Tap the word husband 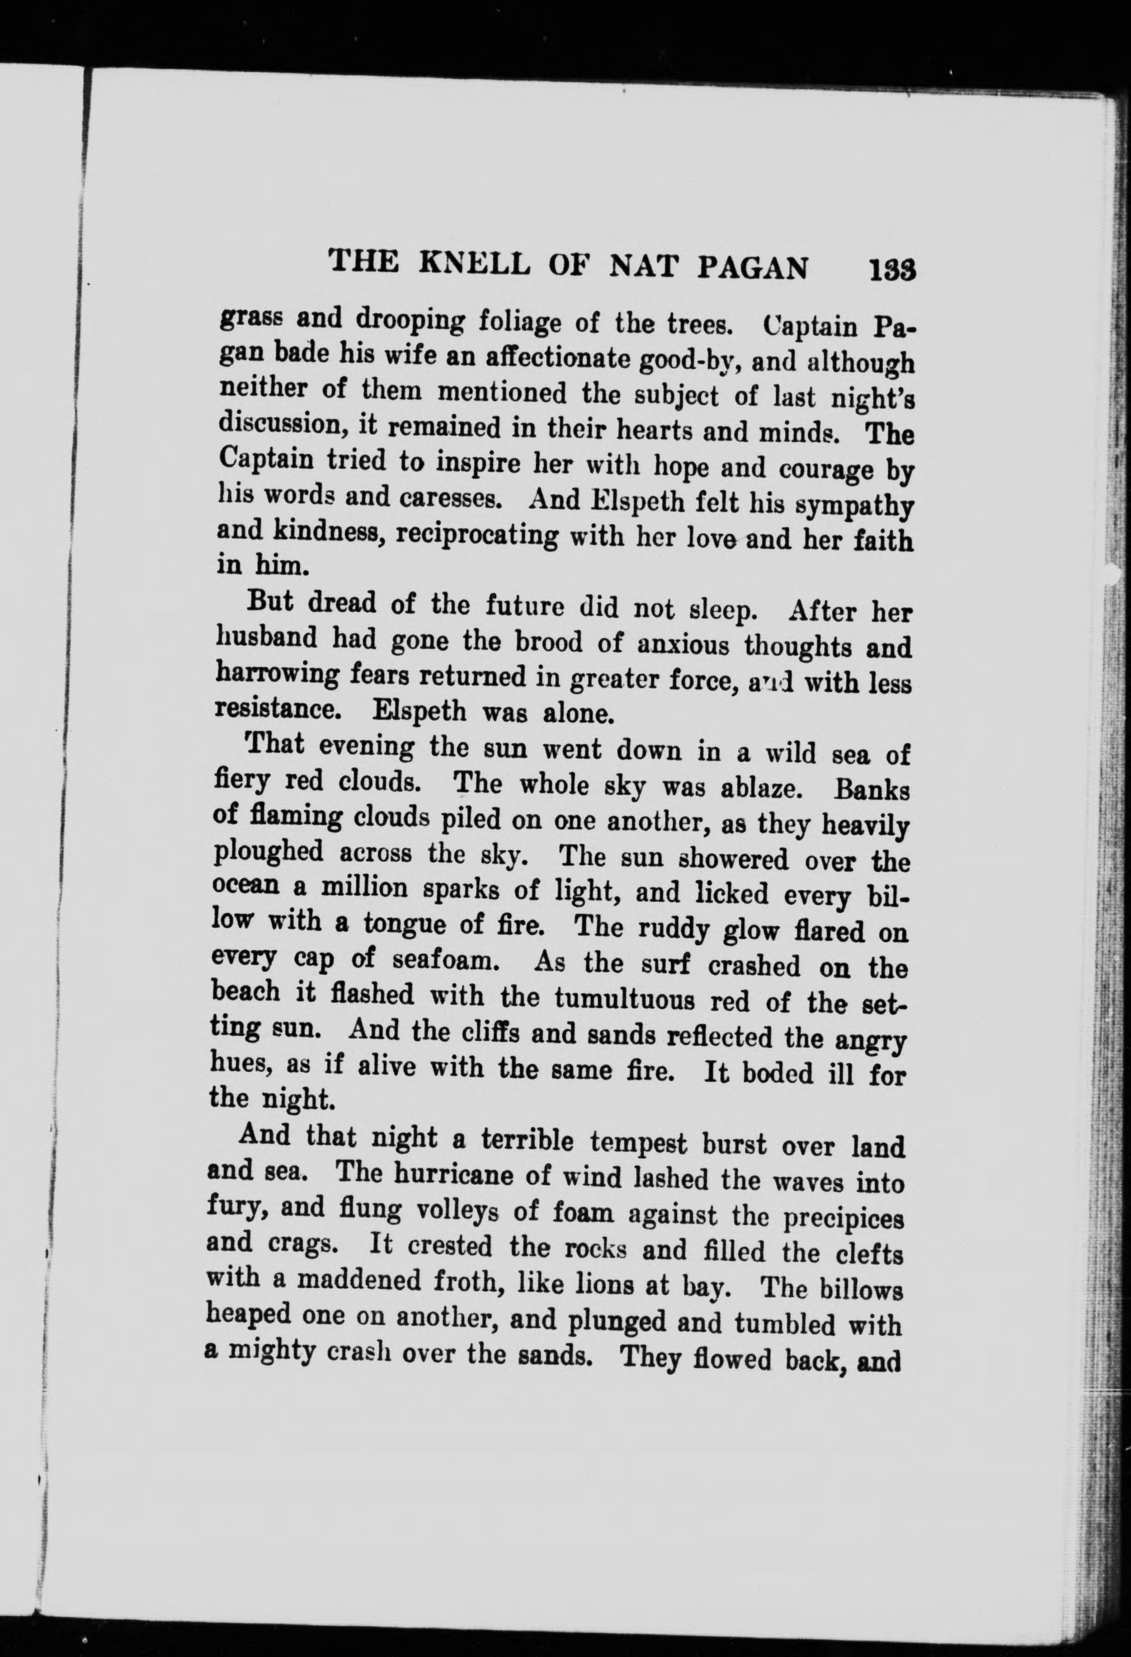coord(267,637)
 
